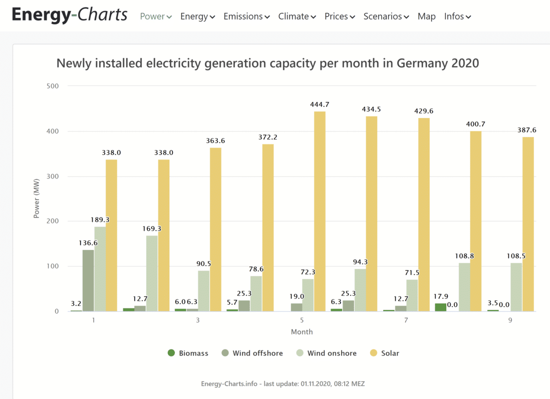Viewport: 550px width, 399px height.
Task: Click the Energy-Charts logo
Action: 69,15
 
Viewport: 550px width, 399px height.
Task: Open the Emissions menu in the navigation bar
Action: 246,16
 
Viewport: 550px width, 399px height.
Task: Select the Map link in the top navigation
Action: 426,16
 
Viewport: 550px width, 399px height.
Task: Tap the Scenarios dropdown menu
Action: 386,16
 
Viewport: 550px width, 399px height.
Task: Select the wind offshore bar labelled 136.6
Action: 88,280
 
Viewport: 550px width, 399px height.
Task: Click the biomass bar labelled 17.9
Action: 441,307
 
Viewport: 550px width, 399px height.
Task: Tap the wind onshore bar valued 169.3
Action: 152,273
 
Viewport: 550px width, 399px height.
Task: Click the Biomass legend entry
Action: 188,353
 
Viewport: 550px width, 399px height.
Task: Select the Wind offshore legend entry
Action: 254,353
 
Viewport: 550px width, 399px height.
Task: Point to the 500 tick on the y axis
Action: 52,86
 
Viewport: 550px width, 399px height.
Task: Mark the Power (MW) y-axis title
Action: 36,198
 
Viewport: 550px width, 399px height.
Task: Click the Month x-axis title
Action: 302,331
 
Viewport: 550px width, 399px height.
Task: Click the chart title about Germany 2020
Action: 267,63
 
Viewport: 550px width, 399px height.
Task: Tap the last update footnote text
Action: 283,384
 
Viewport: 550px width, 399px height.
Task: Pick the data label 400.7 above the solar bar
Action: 475,124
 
